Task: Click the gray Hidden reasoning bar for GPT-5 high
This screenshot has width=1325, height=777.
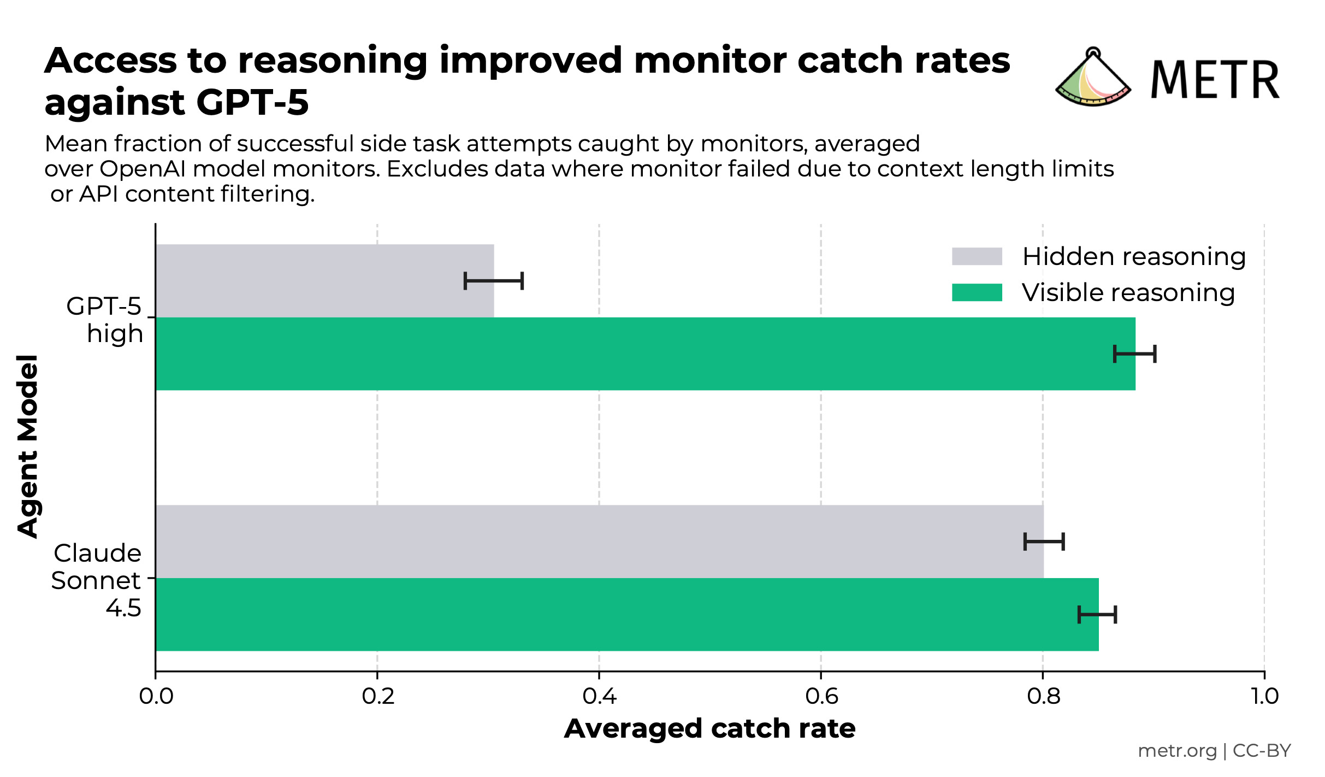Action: (x=324, y=280)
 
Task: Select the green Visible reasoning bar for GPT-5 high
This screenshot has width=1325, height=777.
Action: (x=644, y=354)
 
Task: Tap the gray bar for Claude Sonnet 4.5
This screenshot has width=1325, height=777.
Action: (x=599, y=541)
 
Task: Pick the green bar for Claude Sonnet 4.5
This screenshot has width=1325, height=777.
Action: (x=626, y=614)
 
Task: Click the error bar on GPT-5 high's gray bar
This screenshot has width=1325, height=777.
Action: (x=494, y=281)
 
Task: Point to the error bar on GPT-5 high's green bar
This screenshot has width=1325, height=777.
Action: (x=1134, y=354)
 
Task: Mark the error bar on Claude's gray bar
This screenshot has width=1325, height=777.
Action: (x=1044, y=541)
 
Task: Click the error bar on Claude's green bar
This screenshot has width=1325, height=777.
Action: (x=1097, y=615)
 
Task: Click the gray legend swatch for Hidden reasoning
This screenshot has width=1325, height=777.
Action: (x=977, y=256)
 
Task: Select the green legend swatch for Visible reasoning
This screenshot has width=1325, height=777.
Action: (x=977, y=292)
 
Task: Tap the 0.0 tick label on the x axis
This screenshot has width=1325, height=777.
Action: (x=156, y=696)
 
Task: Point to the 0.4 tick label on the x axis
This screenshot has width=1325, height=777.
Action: (x=599, y=696)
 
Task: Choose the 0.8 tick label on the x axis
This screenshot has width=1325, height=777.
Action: (x=1043, y=696)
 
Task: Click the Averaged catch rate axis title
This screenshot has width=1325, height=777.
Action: (x=709, y=728)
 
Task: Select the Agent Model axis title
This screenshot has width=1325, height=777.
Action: (x=27, y=446)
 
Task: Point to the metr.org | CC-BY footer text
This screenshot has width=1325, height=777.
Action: (x=1214, y=750)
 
